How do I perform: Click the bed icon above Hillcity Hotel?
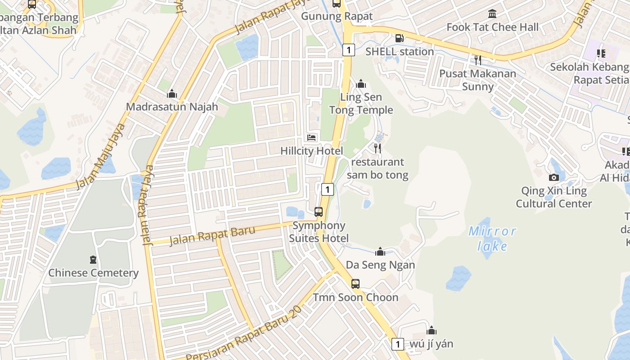(x=311, y=137)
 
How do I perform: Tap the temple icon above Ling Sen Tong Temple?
(x=361, y=84)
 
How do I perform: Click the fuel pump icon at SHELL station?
(x=399, y=38)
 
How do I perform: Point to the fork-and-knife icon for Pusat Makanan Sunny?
(x=477, y=59)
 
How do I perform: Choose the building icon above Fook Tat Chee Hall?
(x=492, y=13)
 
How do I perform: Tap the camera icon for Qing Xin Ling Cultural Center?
(x=554, y=177)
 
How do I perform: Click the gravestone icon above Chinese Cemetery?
(x=93, y=260)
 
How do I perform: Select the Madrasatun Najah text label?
(x=172, y=107)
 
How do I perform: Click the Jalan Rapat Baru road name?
(x=212, y=236)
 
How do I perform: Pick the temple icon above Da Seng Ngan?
(x=380, y=252)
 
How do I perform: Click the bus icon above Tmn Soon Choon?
(x=355, y=284)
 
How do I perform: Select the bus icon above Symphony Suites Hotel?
(x=319, y=211)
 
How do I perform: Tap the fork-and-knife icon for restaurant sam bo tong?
(x=378, y=148)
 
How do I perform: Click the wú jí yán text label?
(x=431, y=344)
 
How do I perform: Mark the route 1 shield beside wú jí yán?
(x=397, y=344)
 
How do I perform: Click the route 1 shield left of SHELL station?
(x=348, y=49)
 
